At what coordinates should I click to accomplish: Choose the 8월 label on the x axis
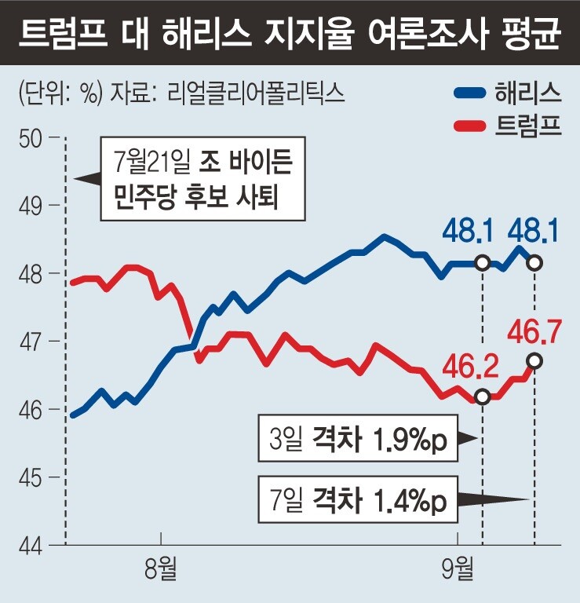click(161, 570)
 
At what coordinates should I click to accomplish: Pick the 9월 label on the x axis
click(458, 570)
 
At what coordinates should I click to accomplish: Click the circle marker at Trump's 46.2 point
click(482, 397)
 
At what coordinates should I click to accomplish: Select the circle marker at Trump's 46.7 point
click(534, 360)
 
